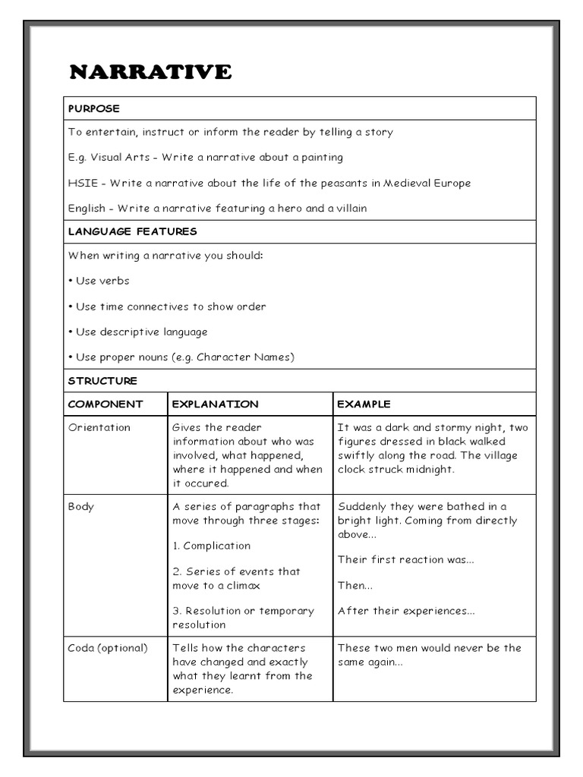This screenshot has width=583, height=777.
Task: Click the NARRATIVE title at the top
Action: (150, 72)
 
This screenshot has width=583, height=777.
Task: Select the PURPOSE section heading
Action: (93, 109)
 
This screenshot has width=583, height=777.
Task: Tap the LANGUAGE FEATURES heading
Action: (132, 231)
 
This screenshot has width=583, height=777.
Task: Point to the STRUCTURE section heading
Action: (102, 380)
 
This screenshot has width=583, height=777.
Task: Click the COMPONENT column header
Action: (106, 404)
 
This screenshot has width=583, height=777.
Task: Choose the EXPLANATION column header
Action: (216, 404)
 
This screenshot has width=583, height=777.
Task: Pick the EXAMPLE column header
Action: (364, 404)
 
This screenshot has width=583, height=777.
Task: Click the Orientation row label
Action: (99, 427)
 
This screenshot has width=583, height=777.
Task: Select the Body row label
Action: (81, 506)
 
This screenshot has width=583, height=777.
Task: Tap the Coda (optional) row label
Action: (108, 648)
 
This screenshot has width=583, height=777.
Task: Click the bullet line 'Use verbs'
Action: (99, 281)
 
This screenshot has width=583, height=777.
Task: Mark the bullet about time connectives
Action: (167, 307)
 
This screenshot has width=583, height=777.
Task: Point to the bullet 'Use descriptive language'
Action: (137, 332)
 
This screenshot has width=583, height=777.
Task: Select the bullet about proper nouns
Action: (181, 357)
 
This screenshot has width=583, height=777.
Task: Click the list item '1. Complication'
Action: (212, 546)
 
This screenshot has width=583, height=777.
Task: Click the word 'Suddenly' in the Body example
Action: (362, 506)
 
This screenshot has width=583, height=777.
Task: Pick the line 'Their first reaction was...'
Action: (405, 559)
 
